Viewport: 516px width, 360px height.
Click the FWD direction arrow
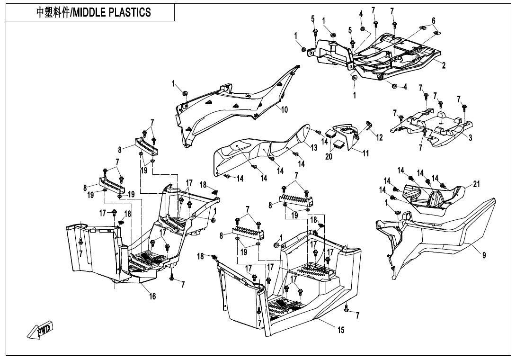41,330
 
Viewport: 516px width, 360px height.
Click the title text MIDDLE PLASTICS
94,12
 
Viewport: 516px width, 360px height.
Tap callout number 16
152,297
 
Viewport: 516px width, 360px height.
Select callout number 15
341,330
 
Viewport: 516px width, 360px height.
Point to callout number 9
484,255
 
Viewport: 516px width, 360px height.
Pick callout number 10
285,109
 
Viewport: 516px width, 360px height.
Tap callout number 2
444,66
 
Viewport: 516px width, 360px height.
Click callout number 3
470,138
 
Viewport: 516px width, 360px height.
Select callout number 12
379,137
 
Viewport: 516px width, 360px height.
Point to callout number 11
365,153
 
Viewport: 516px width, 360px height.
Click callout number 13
314,148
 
